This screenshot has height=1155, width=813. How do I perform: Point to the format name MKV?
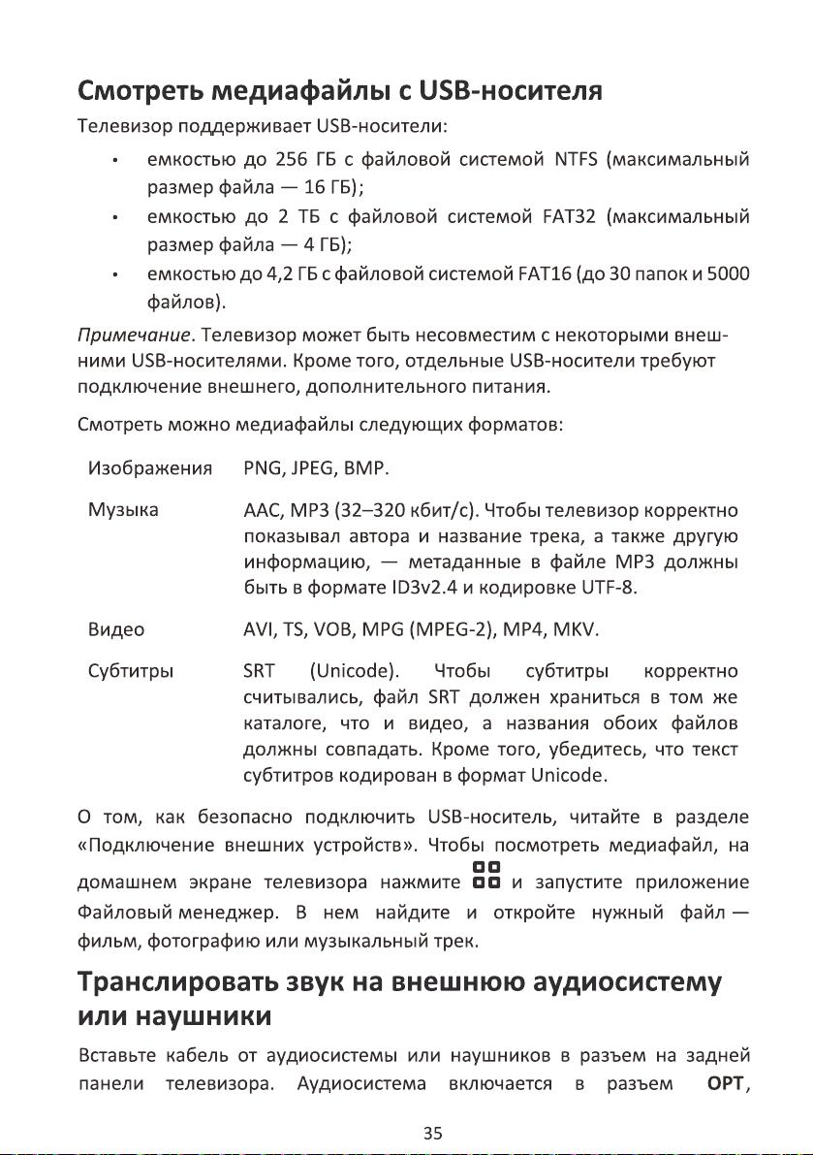point(575,631)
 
